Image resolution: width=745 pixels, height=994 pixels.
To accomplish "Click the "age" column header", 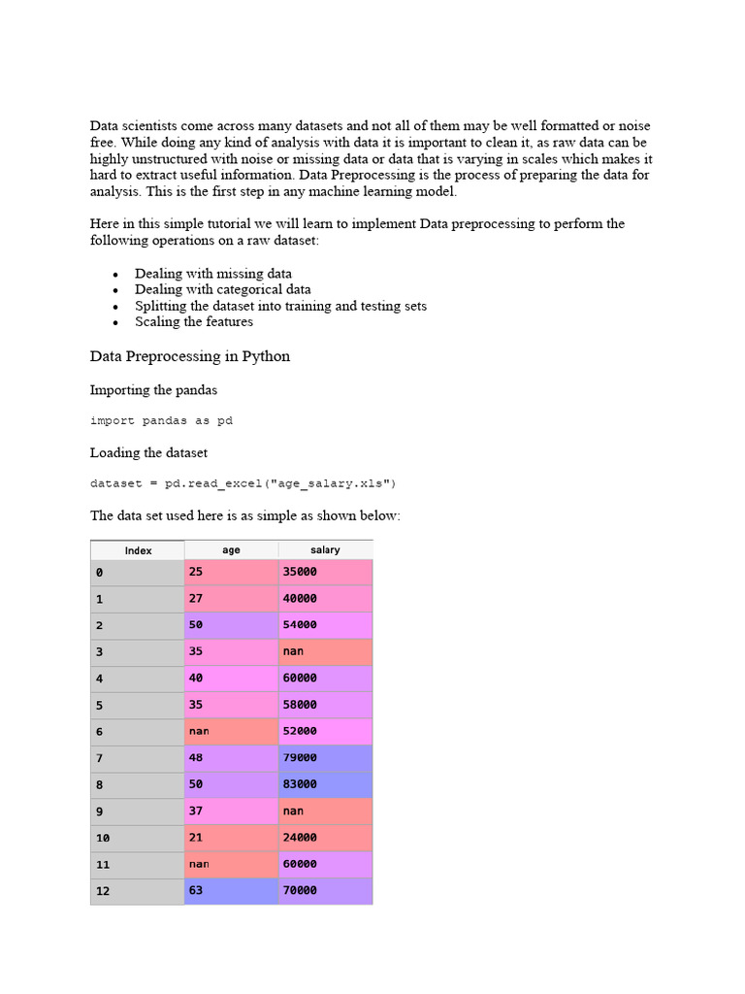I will click(x=231, y=549).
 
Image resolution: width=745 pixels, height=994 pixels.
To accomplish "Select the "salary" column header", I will click(x=325, y=549).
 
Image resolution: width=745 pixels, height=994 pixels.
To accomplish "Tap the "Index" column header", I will click(x=138, y=550).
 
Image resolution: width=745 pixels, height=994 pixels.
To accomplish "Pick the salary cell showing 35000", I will click(x=325, y=573).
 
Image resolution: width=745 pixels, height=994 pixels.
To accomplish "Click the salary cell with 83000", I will click(x=325, y=784).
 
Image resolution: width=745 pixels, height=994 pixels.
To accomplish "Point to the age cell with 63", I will click(x=231, y=890).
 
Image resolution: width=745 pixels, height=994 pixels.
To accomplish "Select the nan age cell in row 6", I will click(x=231, y=731).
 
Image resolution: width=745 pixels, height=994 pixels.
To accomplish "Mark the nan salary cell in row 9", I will click(x=325, y=811).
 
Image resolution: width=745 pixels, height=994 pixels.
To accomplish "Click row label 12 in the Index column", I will click(x=138, y=890).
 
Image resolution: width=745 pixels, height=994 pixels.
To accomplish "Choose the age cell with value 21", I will click(x=231, y=837).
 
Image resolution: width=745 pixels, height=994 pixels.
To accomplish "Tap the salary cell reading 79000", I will click(x=325, y=757).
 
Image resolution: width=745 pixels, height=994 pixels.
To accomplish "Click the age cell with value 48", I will click(x=231, y=757).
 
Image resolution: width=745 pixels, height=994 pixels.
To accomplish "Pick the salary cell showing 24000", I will click(x=325, y=837).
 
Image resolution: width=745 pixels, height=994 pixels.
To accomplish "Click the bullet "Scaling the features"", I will click(x=194, y=321).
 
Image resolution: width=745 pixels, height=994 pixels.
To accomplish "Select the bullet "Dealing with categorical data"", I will click(x=223, y=289).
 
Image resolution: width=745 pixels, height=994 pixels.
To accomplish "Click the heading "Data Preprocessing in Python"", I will click(x=190, y=356).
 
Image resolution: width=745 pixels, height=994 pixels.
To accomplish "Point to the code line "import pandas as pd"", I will click(x=161, y=421).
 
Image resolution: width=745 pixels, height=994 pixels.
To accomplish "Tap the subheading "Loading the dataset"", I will click(x=148, y=452).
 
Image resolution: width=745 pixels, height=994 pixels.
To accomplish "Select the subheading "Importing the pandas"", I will click(x=153, y=390).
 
